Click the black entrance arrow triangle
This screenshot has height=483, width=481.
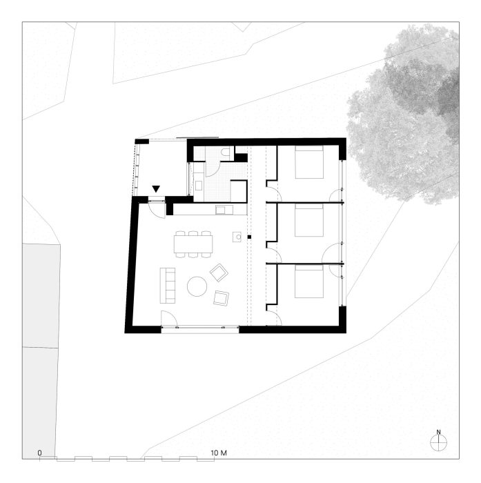click(x=156, y=189)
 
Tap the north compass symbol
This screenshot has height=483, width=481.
click(x=438, y=441)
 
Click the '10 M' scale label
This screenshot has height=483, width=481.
click(x=219, y=453)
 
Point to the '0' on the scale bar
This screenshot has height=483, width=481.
click(x=39, y=453)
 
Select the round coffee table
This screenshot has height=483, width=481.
click(x=197, y=286)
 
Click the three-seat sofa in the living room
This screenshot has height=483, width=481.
click(x=167, y=286)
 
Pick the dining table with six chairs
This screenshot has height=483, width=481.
click(x=193, y=244)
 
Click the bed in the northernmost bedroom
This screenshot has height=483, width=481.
click(x=309, y=162)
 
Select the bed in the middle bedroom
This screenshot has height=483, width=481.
click(x=309, y=221)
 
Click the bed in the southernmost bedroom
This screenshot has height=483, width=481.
click(x=309, y=282)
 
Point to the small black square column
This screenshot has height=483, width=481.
click(x=249, y=237)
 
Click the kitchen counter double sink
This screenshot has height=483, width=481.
click(x=224, y=210)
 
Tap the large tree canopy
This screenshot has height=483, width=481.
click(x=404, y=114)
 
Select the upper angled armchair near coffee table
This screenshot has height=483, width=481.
click(x=219, y=273)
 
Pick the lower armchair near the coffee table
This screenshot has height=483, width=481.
click(x=222, y=298)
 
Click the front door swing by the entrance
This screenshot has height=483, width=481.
click(x=157, y=210)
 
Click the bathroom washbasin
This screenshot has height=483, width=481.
click(x=199, y=186)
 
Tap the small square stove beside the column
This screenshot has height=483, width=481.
click(x=237, y=237)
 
